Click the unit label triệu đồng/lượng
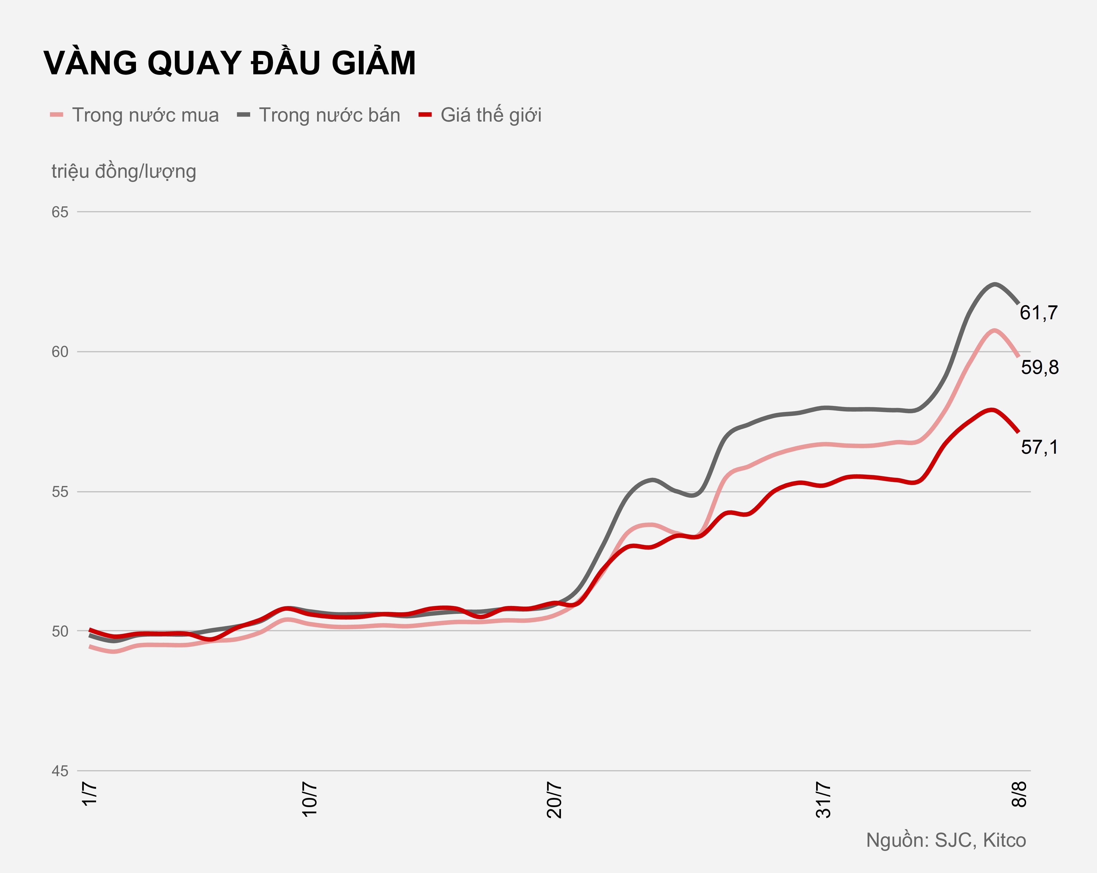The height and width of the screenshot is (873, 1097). coord(124,171)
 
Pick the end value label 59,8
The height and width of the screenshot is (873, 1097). coord(1040,368)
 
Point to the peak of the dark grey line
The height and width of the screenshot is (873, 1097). coord(994,284)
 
